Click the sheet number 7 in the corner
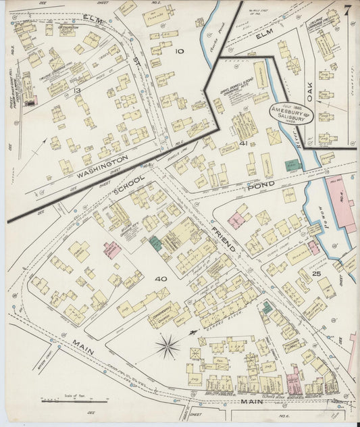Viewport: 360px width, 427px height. [346, 11]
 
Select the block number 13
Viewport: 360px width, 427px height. [78, 91]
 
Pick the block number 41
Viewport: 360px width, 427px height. [243, 143]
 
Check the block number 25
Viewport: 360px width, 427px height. [316, 273]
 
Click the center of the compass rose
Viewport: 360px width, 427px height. [167, 347]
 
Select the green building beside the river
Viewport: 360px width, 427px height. [292, 165]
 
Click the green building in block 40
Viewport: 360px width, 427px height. [155, 244]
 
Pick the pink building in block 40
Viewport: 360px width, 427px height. [112, 249]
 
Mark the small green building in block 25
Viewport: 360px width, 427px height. [267, 307]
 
